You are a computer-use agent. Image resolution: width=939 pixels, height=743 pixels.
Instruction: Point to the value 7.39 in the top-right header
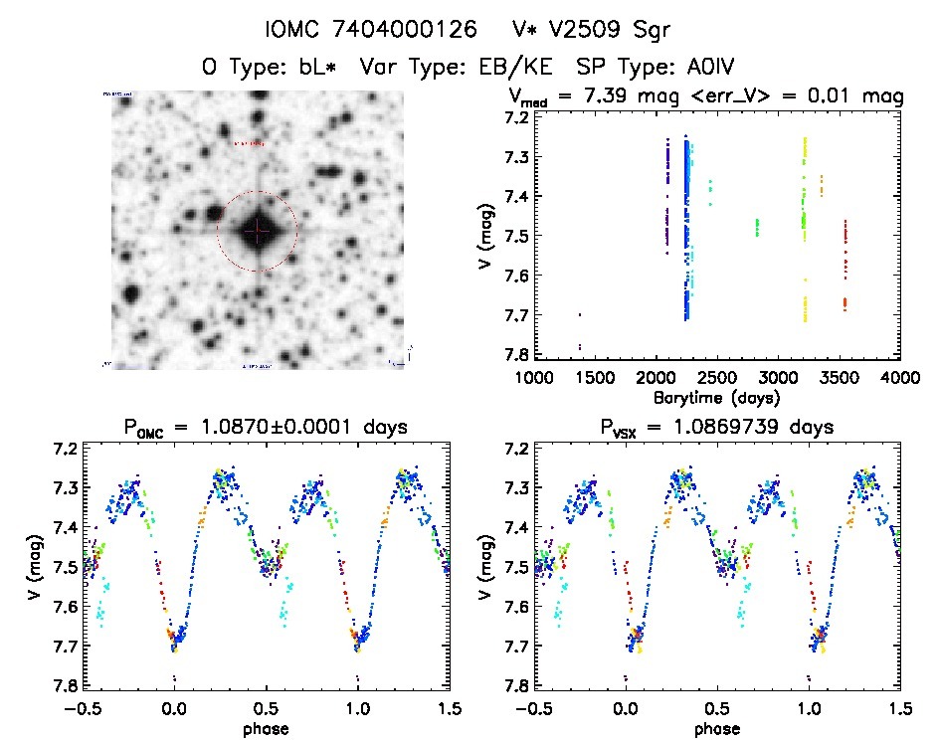pyautogui.click(x=653, y=96)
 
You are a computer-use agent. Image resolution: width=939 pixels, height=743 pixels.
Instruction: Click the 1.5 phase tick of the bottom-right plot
pyautogui.click(x=899, y=708)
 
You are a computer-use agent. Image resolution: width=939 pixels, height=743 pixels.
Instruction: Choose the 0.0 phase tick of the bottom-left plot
pyautogui.click(x=174, y=708)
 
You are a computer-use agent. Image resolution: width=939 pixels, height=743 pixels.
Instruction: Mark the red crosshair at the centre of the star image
pyautogui.click(x=258, y=231)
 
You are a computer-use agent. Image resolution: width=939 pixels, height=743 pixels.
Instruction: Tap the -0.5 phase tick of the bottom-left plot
pyautogui.click(x=80, y=708)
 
